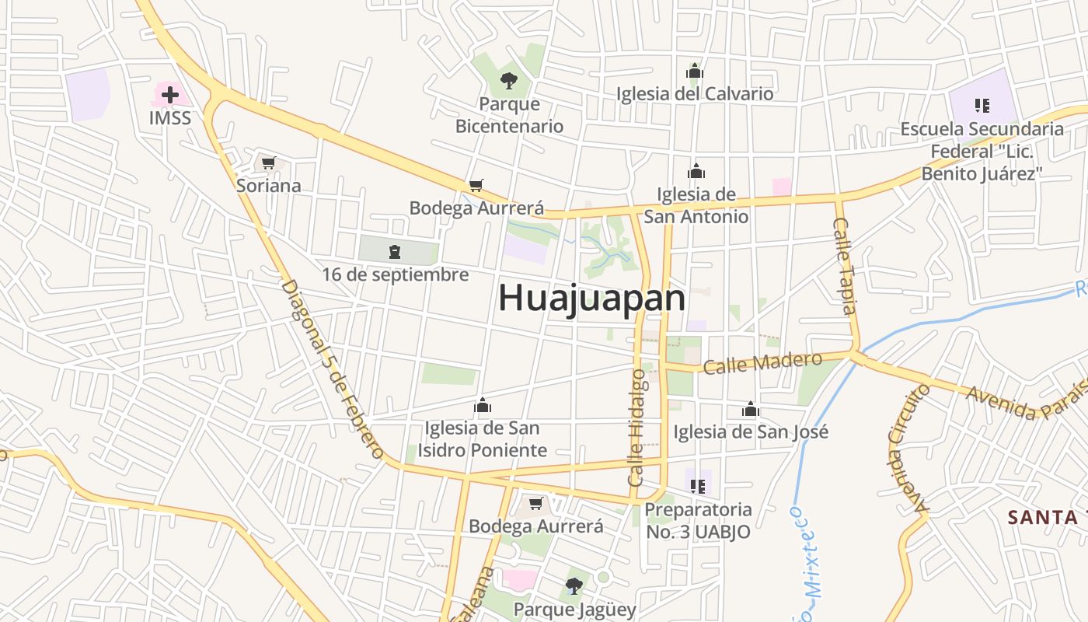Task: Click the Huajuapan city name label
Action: [x=591, y=298]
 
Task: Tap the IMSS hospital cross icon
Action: [x=169, y=95]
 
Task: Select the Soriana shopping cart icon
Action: [x=268, y=162]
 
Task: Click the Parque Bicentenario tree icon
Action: [x=509, y=79]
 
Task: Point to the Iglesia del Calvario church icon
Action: [x=695, y=72]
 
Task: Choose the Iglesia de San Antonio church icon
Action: [x=696, y=171]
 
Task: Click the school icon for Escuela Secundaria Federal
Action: [x=982, y=105]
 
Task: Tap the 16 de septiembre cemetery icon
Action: [x=395, y=251]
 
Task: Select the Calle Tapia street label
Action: [x=844, y=265]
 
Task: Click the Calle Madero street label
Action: [x=762, y=362]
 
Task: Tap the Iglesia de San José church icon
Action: [x=750, y=409]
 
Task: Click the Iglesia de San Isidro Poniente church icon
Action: [x=483, y=405]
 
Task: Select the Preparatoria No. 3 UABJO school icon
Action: [x=697, y=486]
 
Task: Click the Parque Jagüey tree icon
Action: [x=574, y=585]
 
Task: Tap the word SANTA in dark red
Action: [x=1041, y=516]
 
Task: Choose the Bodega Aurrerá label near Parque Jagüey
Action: [x=535, y=526]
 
